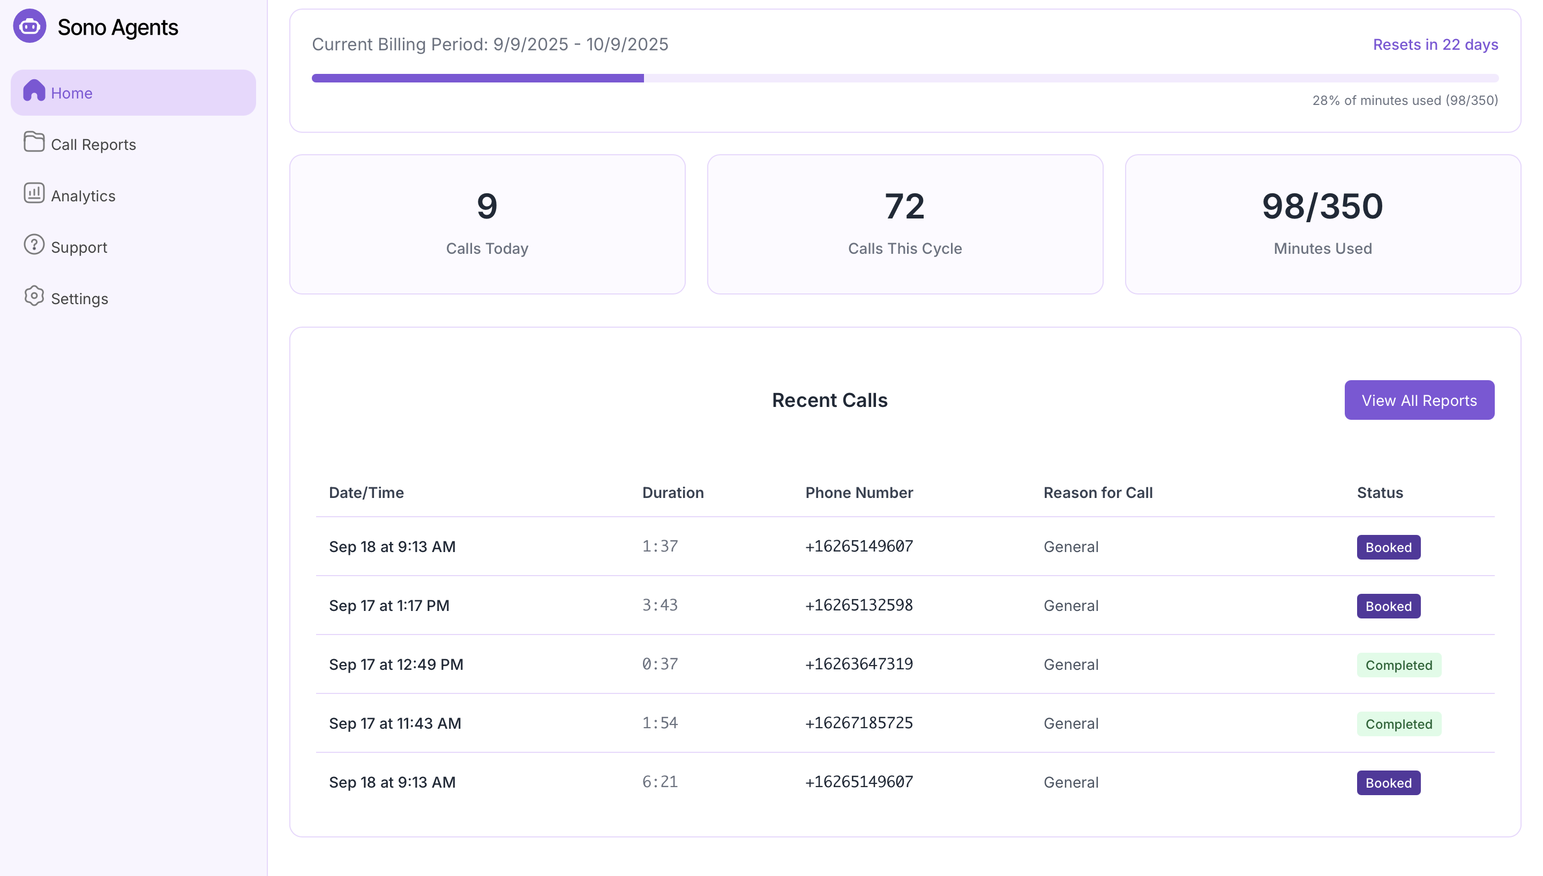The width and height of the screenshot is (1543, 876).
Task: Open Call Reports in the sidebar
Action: pos(93,145)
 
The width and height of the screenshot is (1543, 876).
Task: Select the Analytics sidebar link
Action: pos(83,195)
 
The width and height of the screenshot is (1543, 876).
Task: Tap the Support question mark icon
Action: pos(34,245)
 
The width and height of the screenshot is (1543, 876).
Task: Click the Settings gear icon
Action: pos(34,296)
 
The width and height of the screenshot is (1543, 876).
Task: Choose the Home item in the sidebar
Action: pos(72,93)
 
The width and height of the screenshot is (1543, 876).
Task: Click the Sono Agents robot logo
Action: pos(29,26)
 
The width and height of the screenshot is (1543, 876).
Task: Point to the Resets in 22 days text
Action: pos(1435,44)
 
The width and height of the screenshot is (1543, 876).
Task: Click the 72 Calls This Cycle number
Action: pos(904,206)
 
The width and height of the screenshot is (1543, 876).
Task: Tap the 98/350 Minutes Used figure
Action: pos(1322,206)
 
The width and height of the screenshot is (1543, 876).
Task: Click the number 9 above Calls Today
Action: pos(487,206)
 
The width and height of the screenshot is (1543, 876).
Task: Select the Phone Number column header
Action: pos(859,493)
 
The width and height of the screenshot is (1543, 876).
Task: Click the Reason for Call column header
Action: pos(1098,493)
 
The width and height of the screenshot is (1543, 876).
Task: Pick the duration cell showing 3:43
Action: pos(660,605)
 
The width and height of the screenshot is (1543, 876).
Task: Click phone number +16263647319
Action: pos(859,664)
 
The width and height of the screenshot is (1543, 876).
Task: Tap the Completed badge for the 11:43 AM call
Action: pos(1398,724)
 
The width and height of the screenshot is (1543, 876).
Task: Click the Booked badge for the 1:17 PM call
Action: pos(1388,606)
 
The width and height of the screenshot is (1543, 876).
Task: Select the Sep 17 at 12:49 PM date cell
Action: pos(396,664)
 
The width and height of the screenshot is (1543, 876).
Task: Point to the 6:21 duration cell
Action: pos(660,782)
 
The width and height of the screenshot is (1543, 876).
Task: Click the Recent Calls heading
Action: pos(829,400)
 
